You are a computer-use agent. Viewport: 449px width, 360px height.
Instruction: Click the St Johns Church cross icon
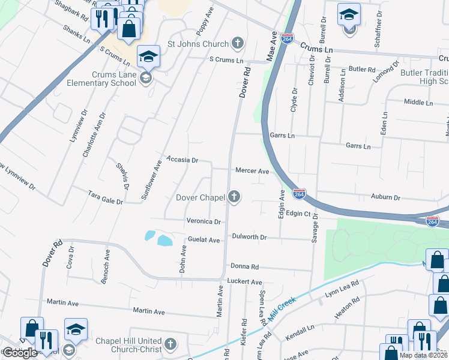(238, 43)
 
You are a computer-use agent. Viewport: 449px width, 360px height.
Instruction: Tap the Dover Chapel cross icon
(234, 196)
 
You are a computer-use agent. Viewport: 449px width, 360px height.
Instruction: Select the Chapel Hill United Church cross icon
(170, 344)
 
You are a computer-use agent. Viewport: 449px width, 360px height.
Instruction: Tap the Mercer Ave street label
(252, 170)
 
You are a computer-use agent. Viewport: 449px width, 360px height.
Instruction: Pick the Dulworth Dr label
(249, 237)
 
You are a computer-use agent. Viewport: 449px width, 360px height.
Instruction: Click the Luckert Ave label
(245, 281)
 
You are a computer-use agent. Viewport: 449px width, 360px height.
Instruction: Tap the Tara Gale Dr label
(105, 197)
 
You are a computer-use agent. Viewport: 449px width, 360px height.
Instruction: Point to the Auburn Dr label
(385, 197)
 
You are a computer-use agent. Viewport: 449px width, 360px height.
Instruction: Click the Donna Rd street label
(243, 266)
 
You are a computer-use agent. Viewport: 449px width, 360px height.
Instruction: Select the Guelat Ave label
(204, 239)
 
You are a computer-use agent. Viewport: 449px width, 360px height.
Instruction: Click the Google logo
(20, 352)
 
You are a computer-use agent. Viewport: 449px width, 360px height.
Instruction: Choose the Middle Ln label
(418, 103)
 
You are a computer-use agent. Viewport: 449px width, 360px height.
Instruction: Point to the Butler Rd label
(363, 70)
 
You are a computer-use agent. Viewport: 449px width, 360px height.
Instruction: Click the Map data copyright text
(423, 355)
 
